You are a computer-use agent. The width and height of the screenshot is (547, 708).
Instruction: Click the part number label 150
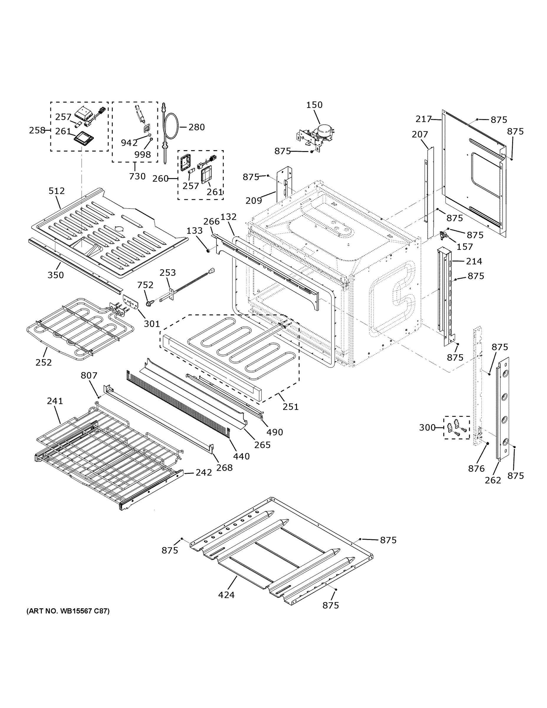314,105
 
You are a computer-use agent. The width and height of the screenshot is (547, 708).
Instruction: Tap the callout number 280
196,127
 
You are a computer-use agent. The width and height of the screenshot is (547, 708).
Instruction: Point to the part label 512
57,191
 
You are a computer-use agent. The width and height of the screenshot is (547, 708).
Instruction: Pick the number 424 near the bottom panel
226,595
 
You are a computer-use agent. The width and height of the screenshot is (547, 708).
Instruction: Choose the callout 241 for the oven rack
55,401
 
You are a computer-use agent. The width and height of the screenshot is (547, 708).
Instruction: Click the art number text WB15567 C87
68,611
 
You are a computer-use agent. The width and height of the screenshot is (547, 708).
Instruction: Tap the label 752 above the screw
145,285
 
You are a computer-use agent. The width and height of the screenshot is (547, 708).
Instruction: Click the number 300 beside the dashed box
427,427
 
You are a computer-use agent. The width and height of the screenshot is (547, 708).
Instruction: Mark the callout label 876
476,468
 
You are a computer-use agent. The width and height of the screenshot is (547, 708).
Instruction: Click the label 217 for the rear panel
423,119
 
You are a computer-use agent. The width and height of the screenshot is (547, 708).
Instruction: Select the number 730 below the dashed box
137,176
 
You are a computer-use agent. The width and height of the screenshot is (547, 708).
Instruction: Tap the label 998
143,155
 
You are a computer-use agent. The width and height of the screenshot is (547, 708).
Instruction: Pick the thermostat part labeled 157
443,236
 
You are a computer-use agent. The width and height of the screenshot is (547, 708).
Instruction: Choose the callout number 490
275,432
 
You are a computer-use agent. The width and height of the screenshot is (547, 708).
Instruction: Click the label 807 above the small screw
89,376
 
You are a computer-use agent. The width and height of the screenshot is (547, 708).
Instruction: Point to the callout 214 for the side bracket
474,261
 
